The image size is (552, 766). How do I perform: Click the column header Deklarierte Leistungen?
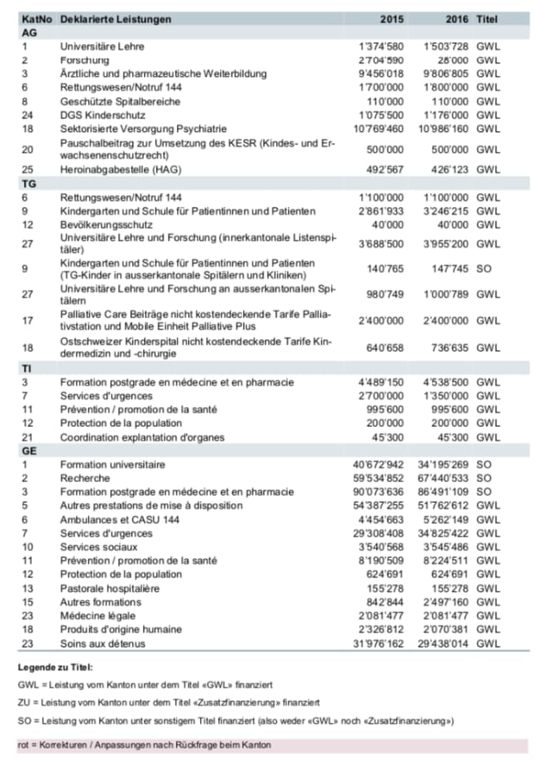click(116, 19)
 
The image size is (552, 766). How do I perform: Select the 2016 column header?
click(453, 19)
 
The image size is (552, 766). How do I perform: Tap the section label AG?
click(28, 32)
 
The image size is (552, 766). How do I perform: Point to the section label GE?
click(28, 451)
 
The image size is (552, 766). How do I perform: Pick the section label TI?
click(27, 368)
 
